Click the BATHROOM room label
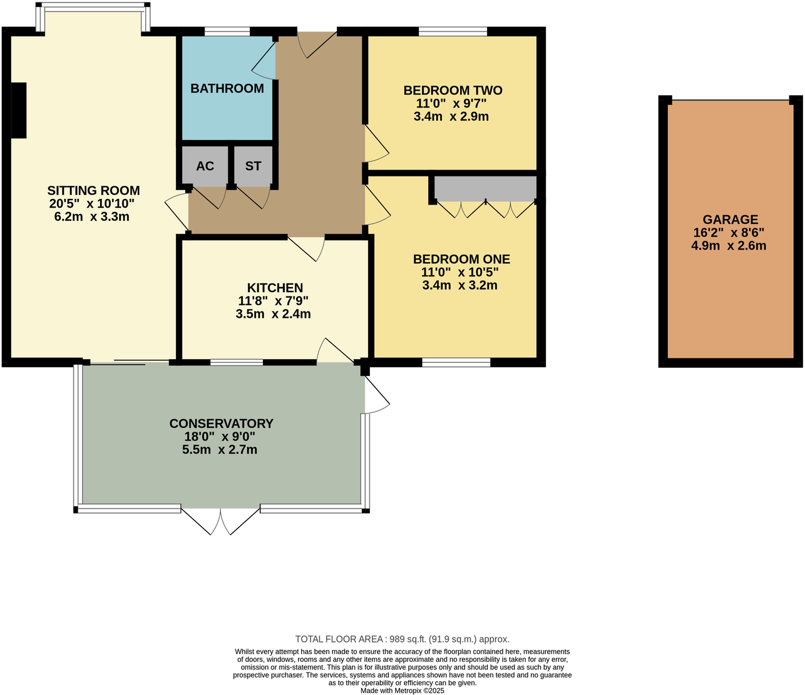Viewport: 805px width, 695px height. point(227,88)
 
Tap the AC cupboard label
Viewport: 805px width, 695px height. point(205,166)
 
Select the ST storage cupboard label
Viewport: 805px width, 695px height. point(253,166)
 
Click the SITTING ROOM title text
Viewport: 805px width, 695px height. point(93,191)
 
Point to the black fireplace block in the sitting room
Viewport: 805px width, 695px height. point(19,110)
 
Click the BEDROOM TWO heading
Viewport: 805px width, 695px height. point(453,91)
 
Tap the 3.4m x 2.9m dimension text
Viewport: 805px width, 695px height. point(451,116)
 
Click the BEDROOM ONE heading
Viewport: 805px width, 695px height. point(461,259)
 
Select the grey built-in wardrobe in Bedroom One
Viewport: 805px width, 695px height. point(486,188)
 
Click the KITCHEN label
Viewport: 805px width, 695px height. point(275,288)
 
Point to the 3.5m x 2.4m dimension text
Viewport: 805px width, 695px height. point(273,314)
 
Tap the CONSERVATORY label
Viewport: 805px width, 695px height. point(221,424)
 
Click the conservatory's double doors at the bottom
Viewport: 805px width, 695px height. point(220,520)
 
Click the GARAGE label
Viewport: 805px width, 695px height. point(730,220)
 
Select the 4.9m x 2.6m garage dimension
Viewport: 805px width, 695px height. point(729,246)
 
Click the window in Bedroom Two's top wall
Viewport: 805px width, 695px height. point(453,31)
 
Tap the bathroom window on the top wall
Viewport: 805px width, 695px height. point(227,31)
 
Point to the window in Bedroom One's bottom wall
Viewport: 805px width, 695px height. point(456,362)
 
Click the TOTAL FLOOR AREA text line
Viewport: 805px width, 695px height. point(402,639)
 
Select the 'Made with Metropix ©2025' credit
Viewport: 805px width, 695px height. point(402,691)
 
